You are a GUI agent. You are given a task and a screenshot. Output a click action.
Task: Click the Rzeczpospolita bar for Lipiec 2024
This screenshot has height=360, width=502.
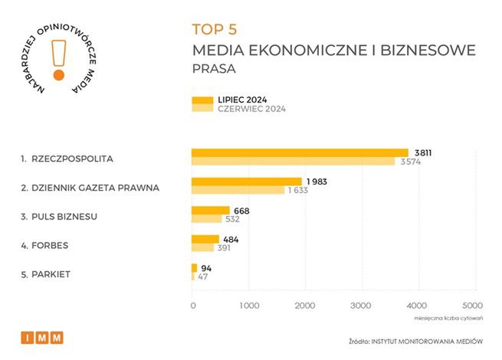(299, 152)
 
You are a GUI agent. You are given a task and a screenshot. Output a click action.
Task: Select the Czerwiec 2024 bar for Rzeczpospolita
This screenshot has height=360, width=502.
(293, 161)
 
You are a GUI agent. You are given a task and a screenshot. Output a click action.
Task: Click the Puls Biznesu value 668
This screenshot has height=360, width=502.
(241, 211)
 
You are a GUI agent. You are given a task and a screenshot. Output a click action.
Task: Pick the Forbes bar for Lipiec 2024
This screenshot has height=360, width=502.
(205, 239)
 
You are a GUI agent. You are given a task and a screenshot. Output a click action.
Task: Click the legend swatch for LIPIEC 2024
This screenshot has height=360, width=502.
(202, 100)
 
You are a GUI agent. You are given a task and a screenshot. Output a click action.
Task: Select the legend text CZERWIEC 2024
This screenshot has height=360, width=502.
(252, 109)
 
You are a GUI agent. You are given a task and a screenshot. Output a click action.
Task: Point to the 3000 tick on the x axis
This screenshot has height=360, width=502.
(362, 306)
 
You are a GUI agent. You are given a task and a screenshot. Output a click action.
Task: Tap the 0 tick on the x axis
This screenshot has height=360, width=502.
(192, 306)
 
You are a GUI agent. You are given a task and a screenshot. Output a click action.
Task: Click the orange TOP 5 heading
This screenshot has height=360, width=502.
(215, 30)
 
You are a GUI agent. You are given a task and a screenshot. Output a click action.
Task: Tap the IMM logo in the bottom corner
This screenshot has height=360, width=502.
(42, 338)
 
